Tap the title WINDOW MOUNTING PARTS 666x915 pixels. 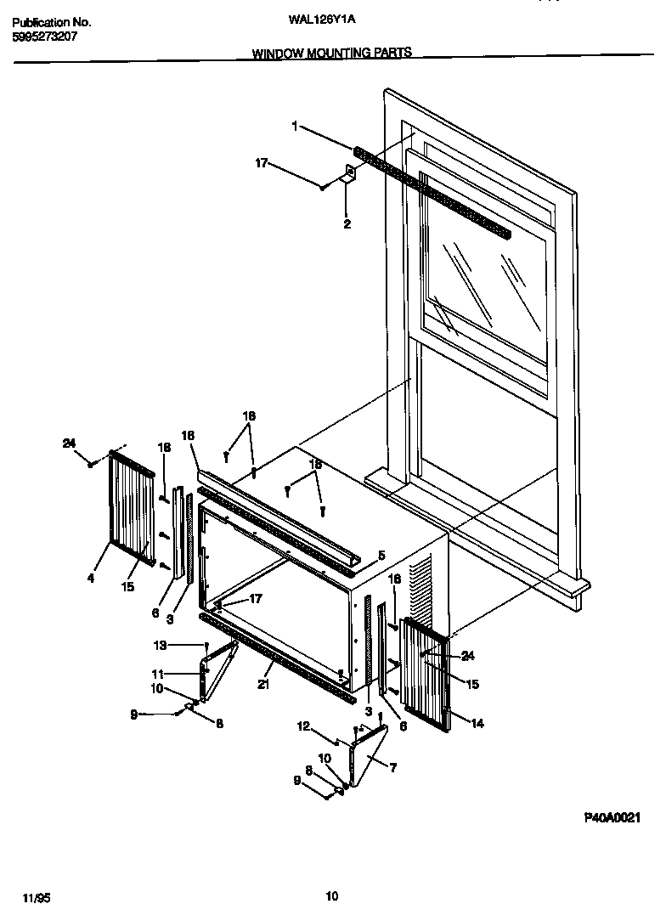(332, 53)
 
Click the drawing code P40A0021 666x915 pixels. (612, 817)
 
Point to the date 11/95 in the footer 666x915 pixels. (31, 896)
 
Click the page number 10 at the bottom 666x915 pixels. (332, 895)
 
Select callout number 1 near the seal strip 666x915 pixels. (294, 127)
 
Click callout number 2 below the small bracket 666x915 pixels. (347, 224)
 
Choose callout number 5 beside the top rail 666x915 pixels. (381, 554)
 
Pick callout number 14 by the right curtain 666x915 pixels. (477, 723)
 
